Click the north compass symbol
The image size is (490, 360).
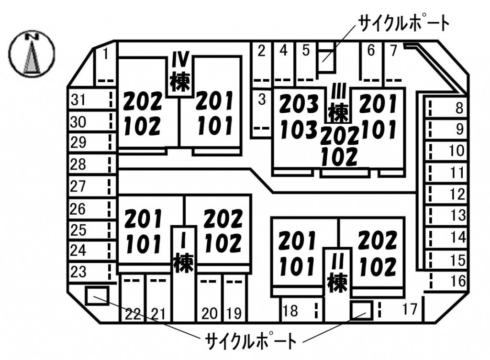tap(32, 54)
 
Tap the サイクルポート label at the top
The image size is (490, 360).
tap(404, 23)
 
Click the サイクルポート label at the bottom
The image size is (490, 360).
tap(251, 341)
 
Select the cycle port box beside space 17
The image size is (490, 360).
tap(362, 310)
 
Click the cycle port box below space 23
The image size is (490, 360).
tap(97, 295)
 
